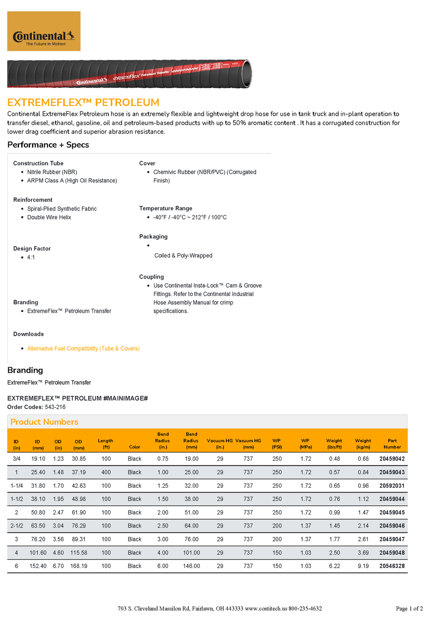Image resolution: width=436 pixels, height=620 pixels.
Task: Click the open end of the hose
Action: pos(246,74)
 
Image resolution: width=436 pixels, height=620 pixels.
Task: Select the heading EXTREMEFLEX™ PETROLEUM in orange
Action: pos(83,103)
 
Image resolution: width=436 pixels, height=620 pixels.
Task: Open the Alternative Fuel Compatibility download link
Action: pos(83,349)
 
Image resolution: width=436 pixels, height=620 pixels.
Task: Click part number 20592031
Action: pos(392,486)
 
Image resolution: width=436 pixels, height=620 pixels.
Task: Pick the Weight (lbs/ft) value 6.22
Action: pos(334,566)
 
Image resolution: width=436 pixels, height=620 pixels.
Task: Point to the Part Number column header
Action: pos(392,444)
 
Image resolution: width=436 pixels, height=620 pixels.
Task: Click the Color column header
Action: pos(135,447)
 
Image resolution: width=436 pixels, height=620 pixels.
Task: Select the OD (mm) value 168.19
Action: pos(78,566)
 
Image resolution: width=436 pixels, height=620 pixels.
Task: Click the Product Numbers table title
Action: pos(44,422)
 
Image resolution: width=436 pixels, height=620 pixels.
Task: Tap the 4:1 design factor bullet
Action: pos(31,258)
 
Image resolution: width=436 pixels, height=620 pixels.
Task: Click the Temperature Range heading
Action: pos(166,209)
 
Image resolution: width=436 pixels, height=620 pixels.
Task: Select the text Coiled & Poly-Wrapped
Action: pos(183,256)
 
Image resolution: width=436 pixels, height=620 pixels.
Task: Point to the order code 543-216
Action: pos(55,407)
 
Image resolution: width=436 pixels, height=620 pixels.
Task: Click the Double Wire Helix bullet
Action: pos(49,217)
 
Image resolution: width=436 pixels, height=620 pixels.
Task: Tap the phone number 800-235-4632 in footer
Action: pos(305,609)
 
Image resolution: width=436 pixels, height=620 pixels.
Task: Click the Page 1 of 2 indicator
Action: pos(409,609)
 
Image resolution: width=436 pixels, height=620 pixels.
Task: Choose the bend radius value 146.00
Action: pos(191,566)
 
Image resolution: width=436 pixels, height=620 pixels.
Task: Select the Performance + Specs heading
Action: pos(48,145)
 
